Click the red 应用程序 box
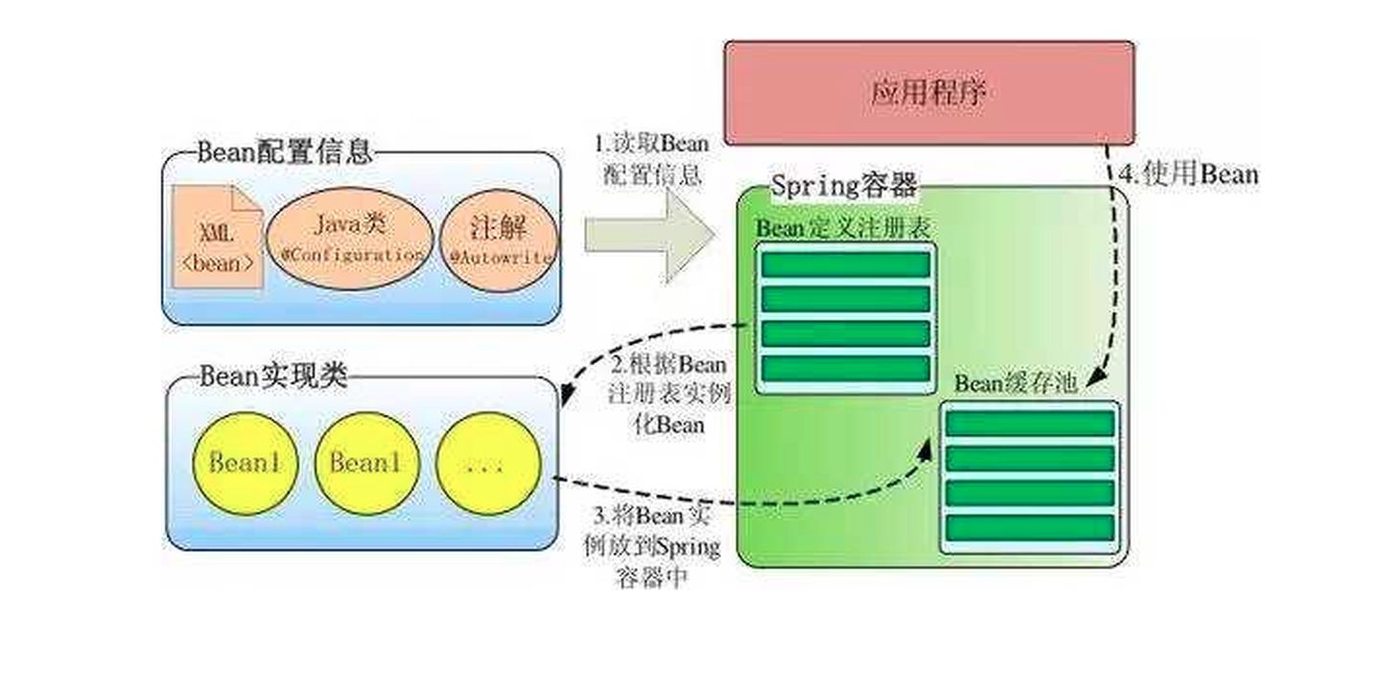point(928,93)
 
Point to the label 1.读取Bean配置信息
point(652,159)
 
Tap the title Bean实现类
point(272,376)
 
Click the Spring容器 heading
point(844,185)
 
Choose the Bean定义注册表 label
point(845,229)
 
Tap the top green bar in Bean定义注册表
point(845,264)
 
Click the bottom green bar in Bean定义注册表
point(845,369)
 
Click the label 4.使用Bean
point(1188,175)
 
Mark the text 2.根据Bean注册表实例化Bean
point(670,394)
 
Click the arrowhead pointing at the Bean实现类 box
point(567,394)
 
